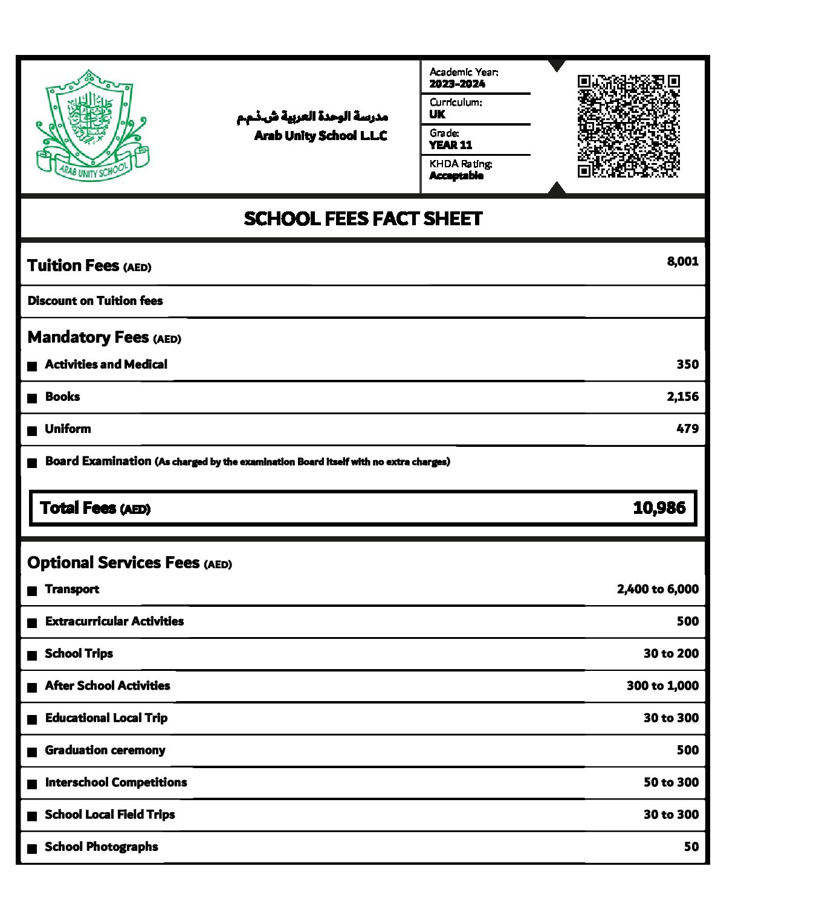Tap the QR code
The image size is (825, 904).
(x=629, y=126)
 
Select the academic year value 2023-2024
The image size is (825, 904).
(x=457, y=84)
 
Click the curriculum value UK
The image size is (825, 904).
(x=437, y=114)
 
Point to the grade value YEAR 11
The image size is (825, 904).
(x=450, y=145)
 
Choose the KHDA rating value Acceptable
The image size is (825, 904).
(x=456, y=176)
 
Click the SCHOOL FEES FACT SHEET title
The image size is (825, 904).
(x=363, y=219)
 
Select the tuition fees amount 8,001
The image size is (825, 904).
(x=682, y=261)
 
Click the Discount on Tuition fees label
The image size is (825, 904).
(x=95, y=301)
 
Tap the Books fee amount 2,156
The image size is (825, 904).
(x=682, y=397)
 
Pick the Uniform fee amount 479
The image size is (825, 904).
(x=687, y=429)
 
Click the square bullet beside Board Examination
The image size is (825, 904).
(x=33, y=463)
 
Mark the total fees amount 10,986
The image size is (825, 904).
(x=659, y=508)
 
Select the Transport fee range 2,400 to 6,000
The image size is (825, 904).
(x=658, y=589)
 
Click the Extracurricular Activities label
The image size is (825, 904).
(x=114, y=621)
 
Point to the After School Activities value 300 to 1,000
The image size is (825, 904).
(x=662, y=686)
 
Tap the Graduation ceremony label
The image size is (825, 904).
(x=105, y=750)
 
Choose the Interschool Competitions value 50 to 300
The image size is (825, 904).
(x=671, y=783)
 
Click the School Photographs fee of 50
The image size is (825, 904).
(x=691, y=847)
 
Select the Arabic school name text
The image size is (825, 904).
(x=312, y=117)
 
